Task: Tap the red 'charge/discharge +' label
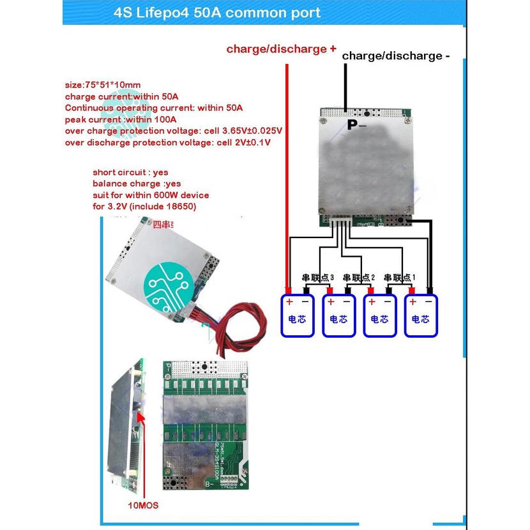281,49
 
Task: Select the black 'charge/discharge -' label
396,56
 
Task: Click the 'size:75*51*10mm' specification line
103,85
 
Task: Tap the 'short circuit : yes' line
130,172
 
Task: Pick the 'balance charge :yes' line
137,184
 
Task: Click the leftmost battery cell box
298,315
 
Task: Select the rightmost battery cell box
421,315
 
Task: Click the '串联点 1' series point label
400,278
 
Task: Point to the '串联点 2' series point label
359,278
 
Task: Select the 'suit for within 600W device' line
151,195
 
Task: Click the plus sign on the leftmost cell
289,301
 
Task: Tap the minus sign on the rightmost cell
429,301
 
